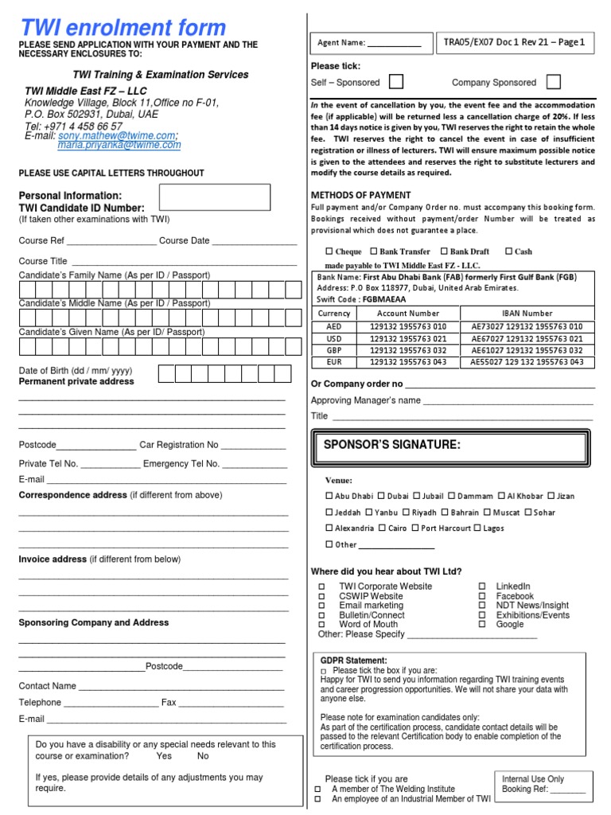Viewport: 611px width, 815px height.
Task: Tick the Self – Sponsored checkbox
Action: pos(395,82)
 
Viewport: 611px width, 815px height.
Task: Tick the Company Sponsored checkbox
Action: pos(553,82)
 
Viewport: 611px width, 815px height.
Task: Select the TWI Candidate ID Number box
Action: pos(215,197)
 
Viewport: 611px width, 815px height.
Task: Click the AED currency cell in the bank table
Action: pos(333,326)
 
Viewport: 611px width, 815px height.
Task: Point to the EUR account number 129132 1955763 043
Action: pos(408,361)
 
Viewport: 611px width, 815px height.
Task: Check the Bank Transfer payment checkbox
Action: pos(374,252)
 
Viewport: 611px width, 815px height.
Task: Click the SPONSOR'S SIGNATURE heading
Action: pos(392,444)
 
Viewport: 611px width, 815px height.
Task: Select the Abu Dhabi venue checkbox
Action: pos(330,496)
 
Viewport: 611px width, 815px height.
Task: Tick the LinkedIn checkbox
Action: pos(482,587)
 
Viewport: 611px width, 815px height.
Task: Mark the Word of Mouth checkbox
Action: pos(322,625)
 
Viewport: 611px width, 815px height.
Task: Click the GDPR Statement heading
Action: pos(354,661)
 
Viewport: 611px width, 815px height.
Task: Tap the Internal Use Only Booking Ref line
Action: pos(567,790)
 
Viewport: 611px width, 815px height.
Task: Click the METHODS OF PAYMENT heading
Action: pos(360,195)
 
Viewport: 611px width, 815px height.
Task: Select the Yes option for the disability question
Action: pos(164,756)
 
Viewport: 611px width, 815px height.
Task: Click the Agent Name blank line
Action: pos(394,43)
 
